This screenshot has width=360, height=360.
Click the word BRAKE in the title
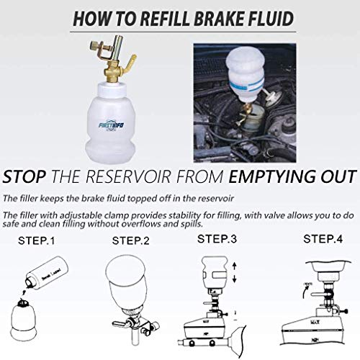coord(222,15)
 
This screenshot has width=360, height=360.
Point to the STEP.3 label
coord(217,238)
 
